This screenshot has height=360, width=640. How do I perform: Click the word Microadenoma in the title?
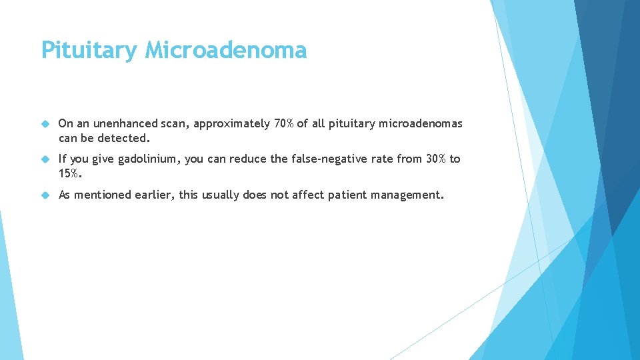pos(225,51)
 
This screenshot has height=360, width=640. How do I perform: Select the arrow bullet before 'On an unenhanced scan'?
pos(45,124)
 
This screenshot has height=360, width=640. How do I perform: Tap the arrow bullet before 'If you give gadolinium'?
pos(45,159)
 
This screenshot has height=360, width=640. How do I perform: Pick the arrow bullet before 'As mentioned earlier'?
pos(45,195)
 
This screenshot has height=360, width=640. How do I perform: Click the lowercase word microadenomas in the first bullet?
pos(421,123)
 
